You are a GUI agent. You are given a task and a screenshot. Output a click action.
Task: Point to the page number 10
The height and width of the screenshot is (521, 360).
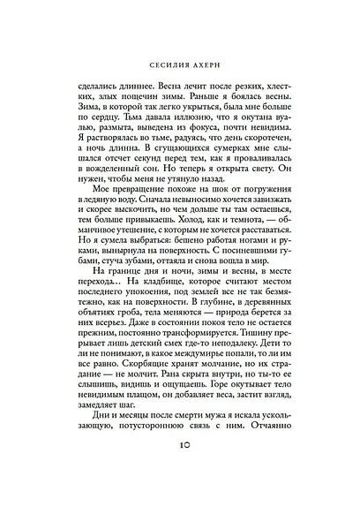(x=179, y=485)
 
